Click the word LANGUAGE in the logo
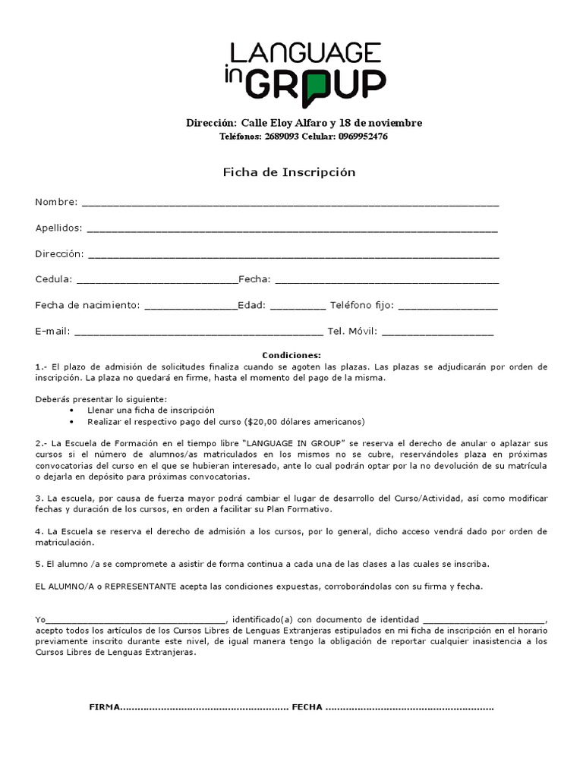point(306,52)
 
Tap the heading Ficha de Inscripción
point(288,172)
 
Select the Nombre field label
point(56,202)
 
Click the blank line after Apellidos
point(293,228)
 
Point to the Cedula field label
point(53,279)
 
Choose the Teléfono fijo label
point(361,306)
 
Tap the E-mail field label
point(52,332)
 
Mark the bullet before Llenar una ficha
point(71,410)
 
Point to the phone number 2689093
point(281,137)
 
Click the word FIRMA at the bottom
point(105,707)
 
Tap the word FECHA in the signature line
point(307,707)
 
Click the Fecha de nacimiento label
point(87,306)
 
